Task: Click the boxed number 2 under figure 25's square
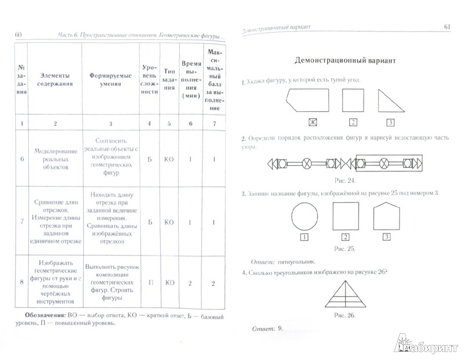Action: [346, 237]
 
